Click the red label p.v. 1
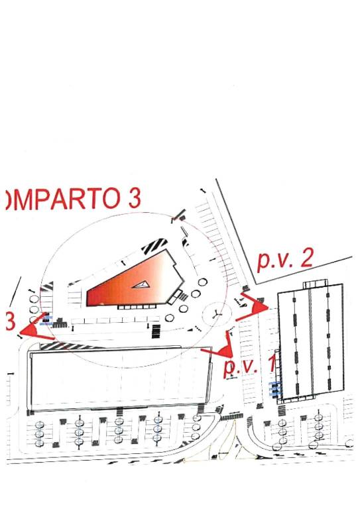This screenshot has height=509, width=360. (x=250, y=365)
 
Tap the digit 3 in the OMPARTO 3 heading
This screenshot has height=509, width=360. (x=135, y=198)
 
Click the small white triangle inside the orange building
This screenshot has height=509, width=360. (x=141, y=285)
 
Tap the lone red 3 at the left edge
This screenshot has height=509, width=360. (x=11, y=321)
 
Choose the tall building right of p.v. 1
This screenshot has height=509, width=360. (x=310, y=343)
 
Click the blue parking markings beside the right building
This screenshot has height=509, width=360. (x=274, y=389)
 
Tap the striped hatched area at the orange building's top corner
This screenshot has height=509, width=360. (x=154, y=246)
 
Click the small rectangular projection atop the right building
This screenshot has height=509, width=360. (x=316, y=285)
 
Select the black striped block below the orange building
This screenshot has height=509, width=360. (x=156, y=331)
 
